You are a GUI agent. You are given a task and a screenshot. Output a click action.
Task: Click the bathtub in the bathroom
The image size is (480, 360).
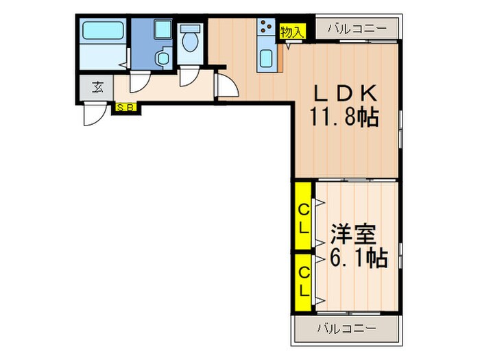click(x=101, y=32)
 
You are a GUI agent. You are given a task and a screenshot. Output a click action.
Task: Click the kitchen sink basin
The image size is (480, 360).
click(x=266, y=58)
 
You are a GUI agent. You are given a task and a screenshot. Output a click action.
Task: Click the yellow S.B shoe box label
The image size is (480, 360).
click(x=125, y=107)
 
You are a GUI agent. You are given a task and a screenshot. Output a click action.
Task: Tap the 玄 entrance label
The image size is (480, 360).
click(x=98, y=87)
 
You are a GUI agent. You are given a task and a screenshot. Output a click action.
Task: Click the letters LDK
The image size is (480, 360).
click(x=346, y=94)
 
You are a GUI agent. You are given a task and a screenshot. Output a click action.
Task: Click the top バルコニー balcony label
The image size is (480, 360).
click(x=356, y=29)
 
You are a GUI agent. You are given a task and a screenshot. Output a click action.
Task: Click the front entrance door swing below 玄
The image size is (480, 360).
click(x=93, y=114)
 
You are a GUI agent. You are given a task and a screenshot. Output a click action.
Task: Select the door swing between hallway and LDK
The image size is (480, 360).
click(x=226, y=86)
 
